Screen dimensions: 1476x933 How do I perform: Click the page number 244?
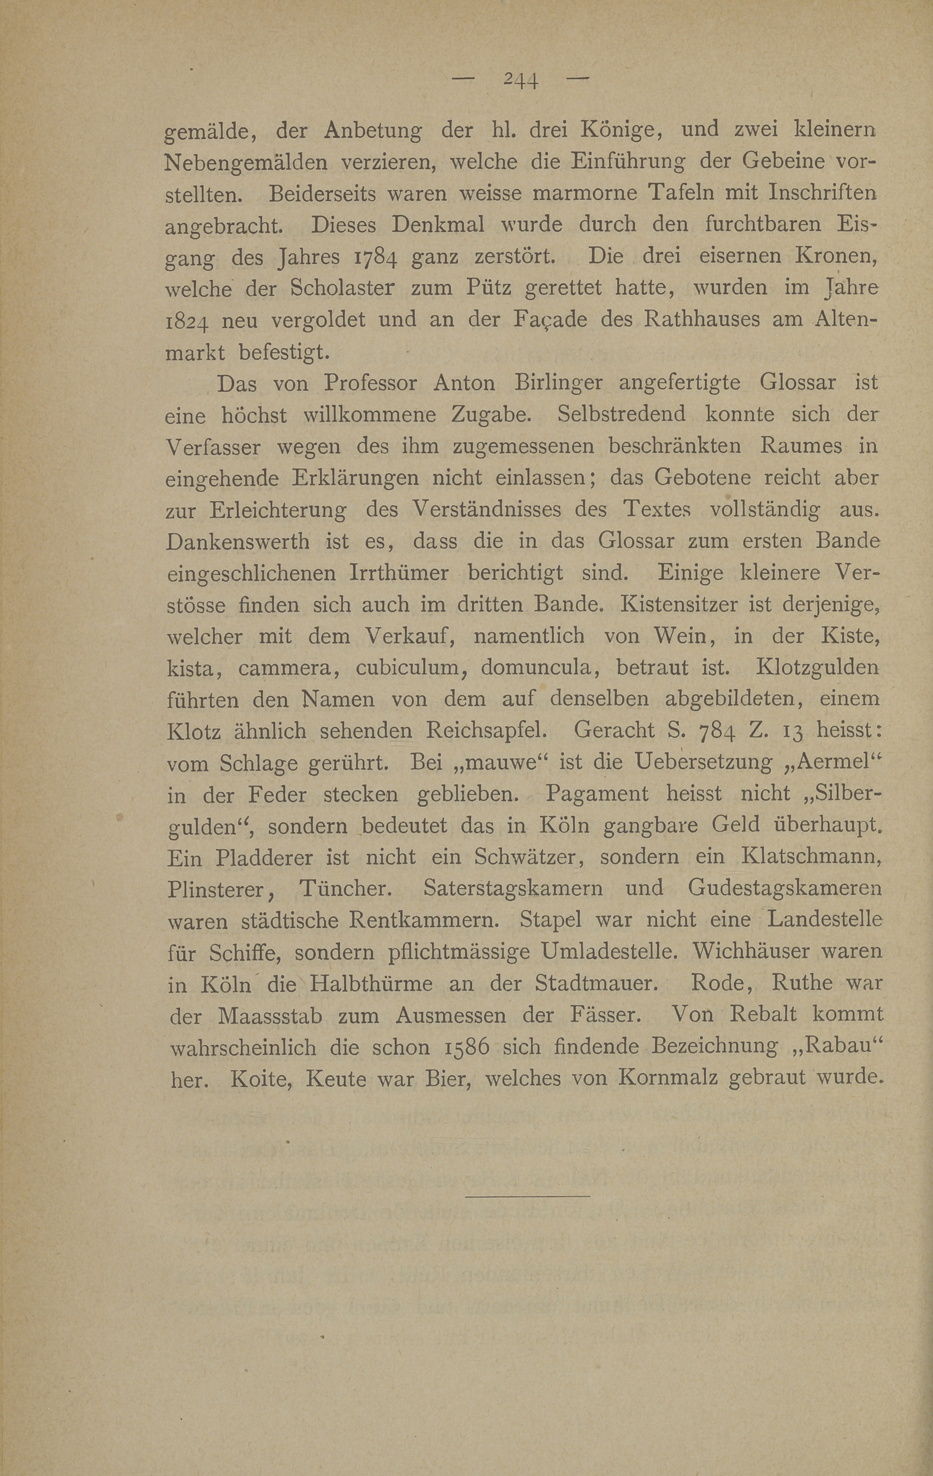pos(520,80)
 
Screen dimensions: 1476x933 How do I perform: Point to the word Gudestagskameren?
pos(785,889)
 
